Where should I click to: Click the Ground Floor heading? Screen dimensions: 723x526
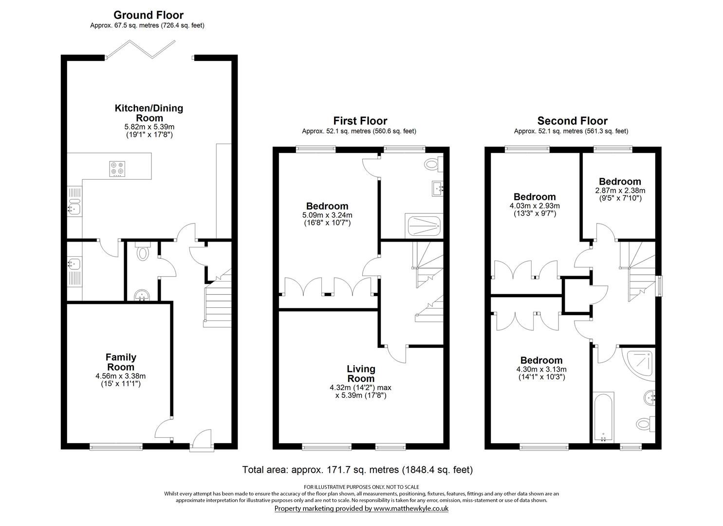[148, 15]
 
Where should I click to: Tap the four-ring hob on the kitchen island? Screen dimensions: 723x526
[117, 169]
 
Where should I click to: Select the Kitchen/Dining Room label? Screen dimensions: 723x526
[149, 113]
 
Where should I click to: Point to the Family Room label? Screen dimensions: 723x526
[121, 362]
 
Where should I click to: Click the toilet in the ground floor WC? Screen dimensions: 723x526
[142, 252]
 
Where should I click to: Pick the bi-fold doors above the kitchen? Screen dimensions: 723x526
[140, 49]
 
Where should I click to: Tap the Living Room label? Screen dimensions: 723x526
[361, 374]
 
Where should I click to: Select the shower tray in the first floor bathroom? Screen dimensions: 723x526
[424, 226]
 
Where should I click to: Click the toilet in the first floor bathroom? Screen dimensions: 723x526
[433, 164]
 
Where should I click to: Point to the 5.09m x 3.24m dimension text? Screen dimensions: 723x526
[327, 215]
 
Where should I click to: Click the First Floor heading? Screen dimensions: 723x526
[360, 121]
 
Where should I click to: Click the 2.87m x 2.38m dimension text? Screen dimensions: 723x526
[620, 190]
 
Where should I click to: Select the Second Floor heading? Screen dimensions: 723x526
[572, 121]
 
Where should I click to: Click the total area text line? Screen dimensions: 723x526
[357, 470]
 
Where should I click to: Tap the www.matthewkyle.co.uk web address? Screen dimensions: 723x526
[411, 508]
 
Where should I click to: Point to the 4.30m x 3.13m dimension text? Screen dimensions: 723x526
[541, 369]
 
